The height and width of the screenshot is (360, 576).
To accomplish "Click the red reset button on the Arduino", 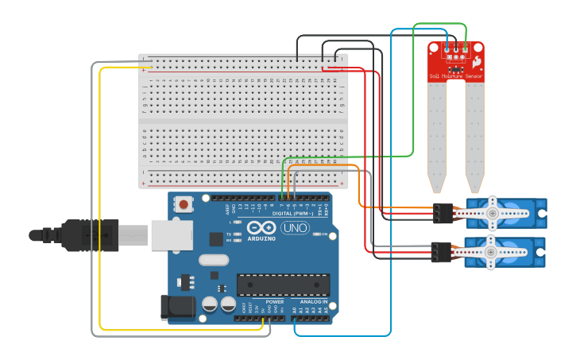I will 184,204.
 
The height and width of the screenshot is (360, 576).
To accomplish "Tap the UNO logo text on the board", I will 296,228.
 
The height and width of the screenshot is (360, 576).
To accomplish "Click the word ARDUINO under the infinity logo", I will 262,238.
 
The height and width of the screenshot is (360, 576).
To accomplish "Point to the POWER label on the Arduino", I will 275,302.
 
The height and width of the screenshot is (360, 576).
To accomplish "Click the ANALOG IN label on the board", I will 313,302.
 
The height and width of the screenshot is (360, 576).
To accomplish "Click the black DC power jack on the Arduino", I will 176,307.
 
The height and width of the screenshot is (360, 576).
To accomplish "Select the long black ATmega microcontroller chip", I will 283,285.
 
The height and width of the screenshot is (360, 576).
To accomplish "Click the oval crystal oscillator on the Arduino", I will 213,260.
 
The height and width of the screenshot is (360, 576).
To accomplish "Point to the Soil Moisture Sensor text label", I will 456,76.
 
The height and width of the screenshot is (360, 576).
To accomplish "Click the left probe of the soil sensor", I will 437,135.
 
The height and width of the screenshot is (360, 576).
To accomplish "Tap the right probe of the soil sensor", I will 474,135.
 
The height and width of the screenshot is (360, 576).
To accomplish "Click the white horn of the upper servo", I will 492,211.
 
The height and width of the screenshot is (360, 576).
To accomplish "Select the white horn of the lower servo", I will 492,251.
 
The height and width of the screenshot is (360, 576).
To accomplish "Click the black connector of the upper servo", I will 443,212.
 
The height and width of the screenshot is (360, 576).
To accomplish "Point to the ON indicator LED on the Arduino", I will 316,234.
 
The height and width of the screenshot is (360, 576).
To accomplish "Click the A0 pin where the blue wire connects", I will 295,318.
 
